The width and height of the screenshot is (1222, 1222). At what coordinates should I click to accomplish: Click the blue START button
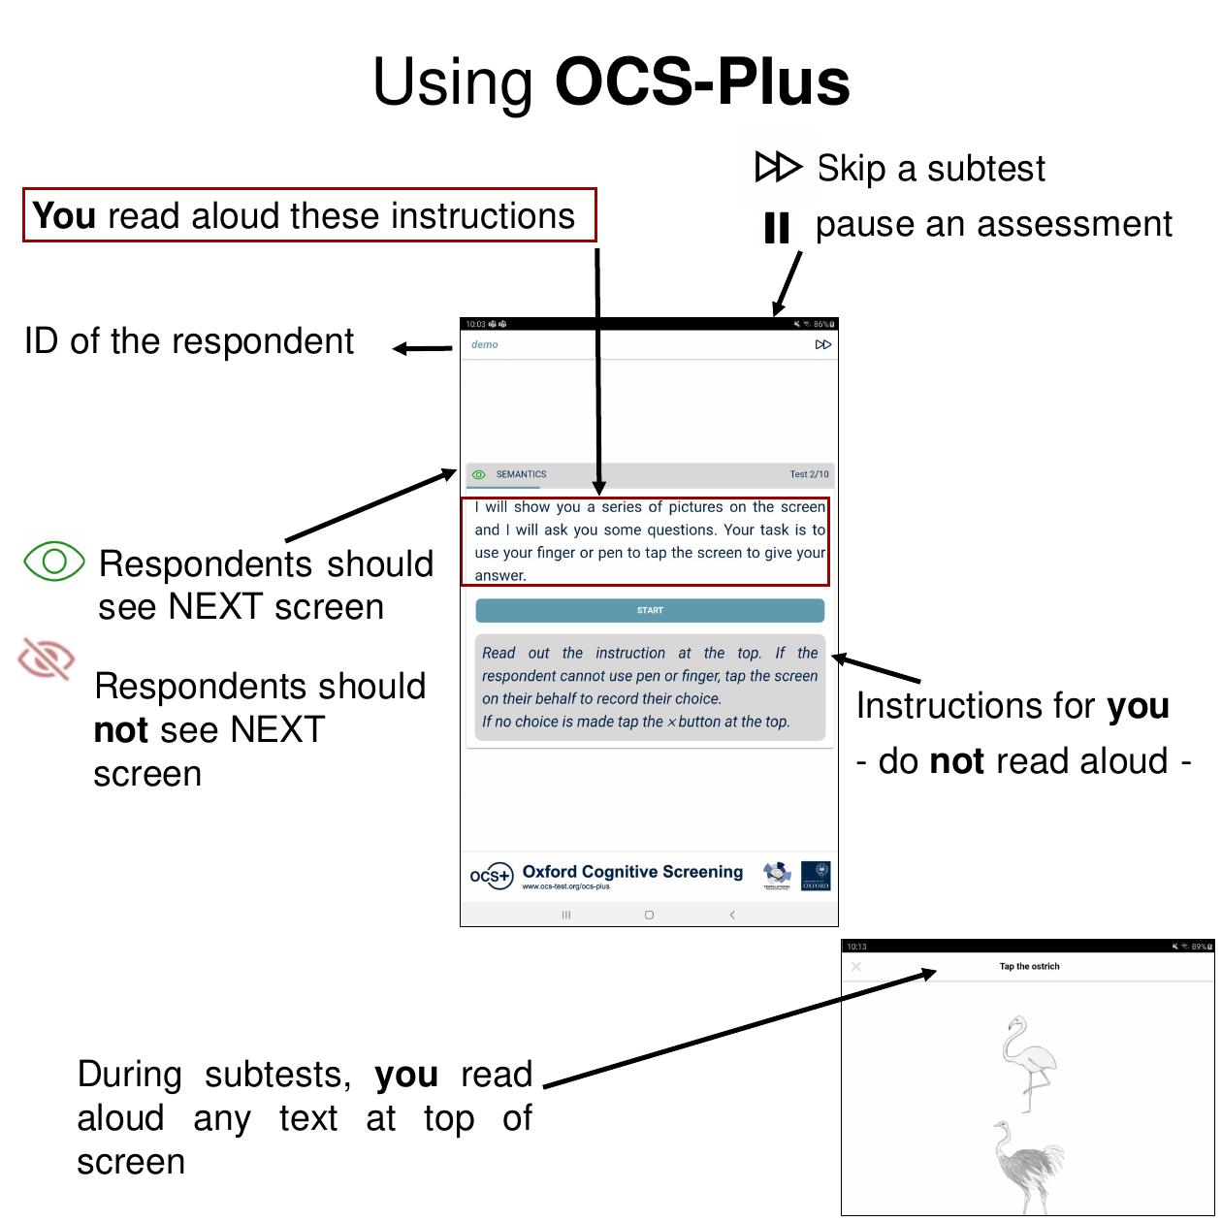coord(650,610)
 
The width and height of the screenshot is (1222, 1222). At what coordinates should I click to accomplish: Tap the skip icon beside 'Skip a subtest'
coord(778,167)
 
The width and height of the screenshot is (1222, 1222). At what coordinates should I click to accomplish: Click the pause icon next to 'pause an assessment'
coord(777,228)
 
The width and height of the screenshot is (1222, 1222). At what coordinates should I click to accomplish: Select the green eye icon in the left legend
coord(54,561)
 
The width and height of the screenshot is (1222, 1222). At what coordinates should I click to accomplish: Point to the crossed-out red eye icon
coord(46,659)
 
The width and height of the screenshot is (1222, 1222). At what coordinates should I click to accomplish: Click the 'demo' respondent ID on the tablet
coord(484,344)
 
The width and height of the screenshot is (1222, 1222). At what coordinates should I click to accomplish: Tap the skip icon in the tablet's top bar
coord(823,344)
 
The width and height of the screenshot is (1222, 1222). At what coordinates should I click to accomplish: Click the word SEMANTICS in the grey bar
coord(521,474)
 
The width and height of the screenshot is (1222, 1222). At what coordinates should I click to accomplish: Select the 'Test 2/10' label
coord(809,474)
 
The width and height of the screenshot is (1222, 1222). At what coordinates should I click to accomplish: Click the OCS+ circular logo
coord(491,876)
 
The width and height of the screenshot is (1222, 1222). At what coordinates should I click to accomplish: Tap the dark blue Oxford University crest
coord(816,876)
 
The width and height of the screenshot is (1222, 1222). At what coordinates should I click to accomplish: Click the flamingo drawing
coord(1028,1062)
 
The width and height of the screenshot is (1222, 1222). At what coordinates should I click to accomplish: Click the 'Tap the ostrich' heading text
coord(1029,966)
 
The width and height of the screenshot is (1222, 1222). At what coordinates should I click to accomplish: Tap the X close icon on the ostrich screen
coord(855,967)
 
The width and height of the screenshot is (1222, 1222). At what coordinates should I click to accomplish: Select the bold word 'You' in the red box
coord(64,215)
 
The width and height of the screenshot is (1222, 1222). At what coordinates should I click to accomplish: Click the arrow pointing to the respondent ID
coord(422,348)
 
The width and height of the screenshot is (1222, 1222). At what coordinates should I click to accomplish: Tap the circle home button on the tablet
coord(649,915)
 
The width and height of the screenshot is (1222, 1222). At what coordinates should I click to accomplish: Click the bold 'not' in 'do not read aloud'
coord(956,761)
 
